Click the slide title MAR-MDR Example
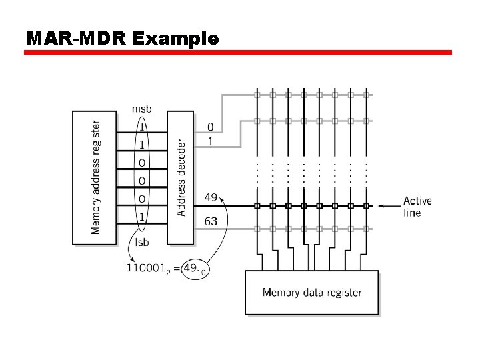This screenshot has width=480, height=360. click(122, 39)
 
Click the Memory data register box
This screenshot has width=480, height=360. click(311, 292)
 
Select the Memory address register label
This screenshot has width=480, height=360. click(95, 177)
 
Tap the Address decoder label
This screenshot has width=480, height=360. click(181, 177)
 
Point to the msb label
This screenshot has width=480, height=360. click(141, 109)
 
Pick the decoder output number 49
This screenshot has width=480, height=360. click(211, 197)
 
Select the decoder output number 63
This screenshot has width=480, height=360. click(211, 221)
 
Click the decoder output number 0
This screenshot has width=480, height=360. click(211, 127)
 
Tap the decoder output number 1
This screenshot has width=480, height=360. click(211, 141)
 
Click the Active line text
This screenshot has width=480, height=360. click(417, 207)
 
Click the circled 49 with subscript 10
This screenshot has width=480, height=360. click(194, 268)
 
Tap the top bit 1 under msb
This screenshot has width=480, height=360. click(141, 125)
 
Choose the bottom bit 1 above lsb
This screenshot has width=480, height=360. click(141, 216)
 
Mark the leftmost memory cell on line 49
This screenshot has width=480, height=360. click(257, 206)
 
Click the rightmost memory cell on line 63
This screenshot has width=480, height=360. click(365, 229)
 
